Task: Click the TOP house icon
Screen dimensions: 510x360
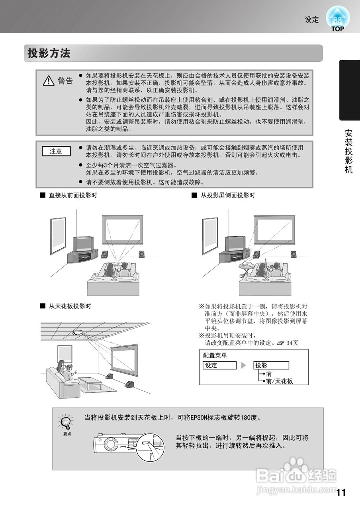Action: tap(337, 18)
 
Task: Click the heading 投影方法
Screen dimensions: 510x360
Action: tap(49, 53)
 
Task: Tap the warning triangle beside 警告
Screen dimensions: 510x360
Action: tap(49, 81)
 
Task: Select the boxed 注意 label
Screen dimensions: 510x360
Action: tap(56, 151)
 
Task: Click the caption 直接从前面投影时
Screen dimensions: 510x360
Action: tap(72, 195)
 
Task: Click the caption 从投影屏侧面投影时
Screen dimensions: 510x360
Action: tap(227, 195)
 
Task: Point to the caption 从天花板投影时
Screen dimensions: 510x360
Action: tap(70, 306)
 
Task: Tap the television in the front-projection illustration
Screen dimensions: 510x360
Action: tap(83, 243)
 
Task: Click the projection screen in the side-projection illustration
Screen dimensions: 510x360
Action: tap(275, 230)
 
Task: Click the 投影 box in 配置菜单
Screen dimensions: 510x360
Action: tap(271, 365)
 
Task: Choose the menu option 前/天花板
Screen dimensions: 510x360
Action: tap(279, 381)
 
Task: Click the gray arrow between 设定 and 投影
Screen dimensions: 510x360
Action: tap(244, 365)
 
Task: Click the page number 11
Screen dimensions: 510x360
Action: tap(340, 492)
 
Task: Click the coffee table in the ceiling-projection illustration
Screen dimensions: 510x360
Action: tap(90, 382)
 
